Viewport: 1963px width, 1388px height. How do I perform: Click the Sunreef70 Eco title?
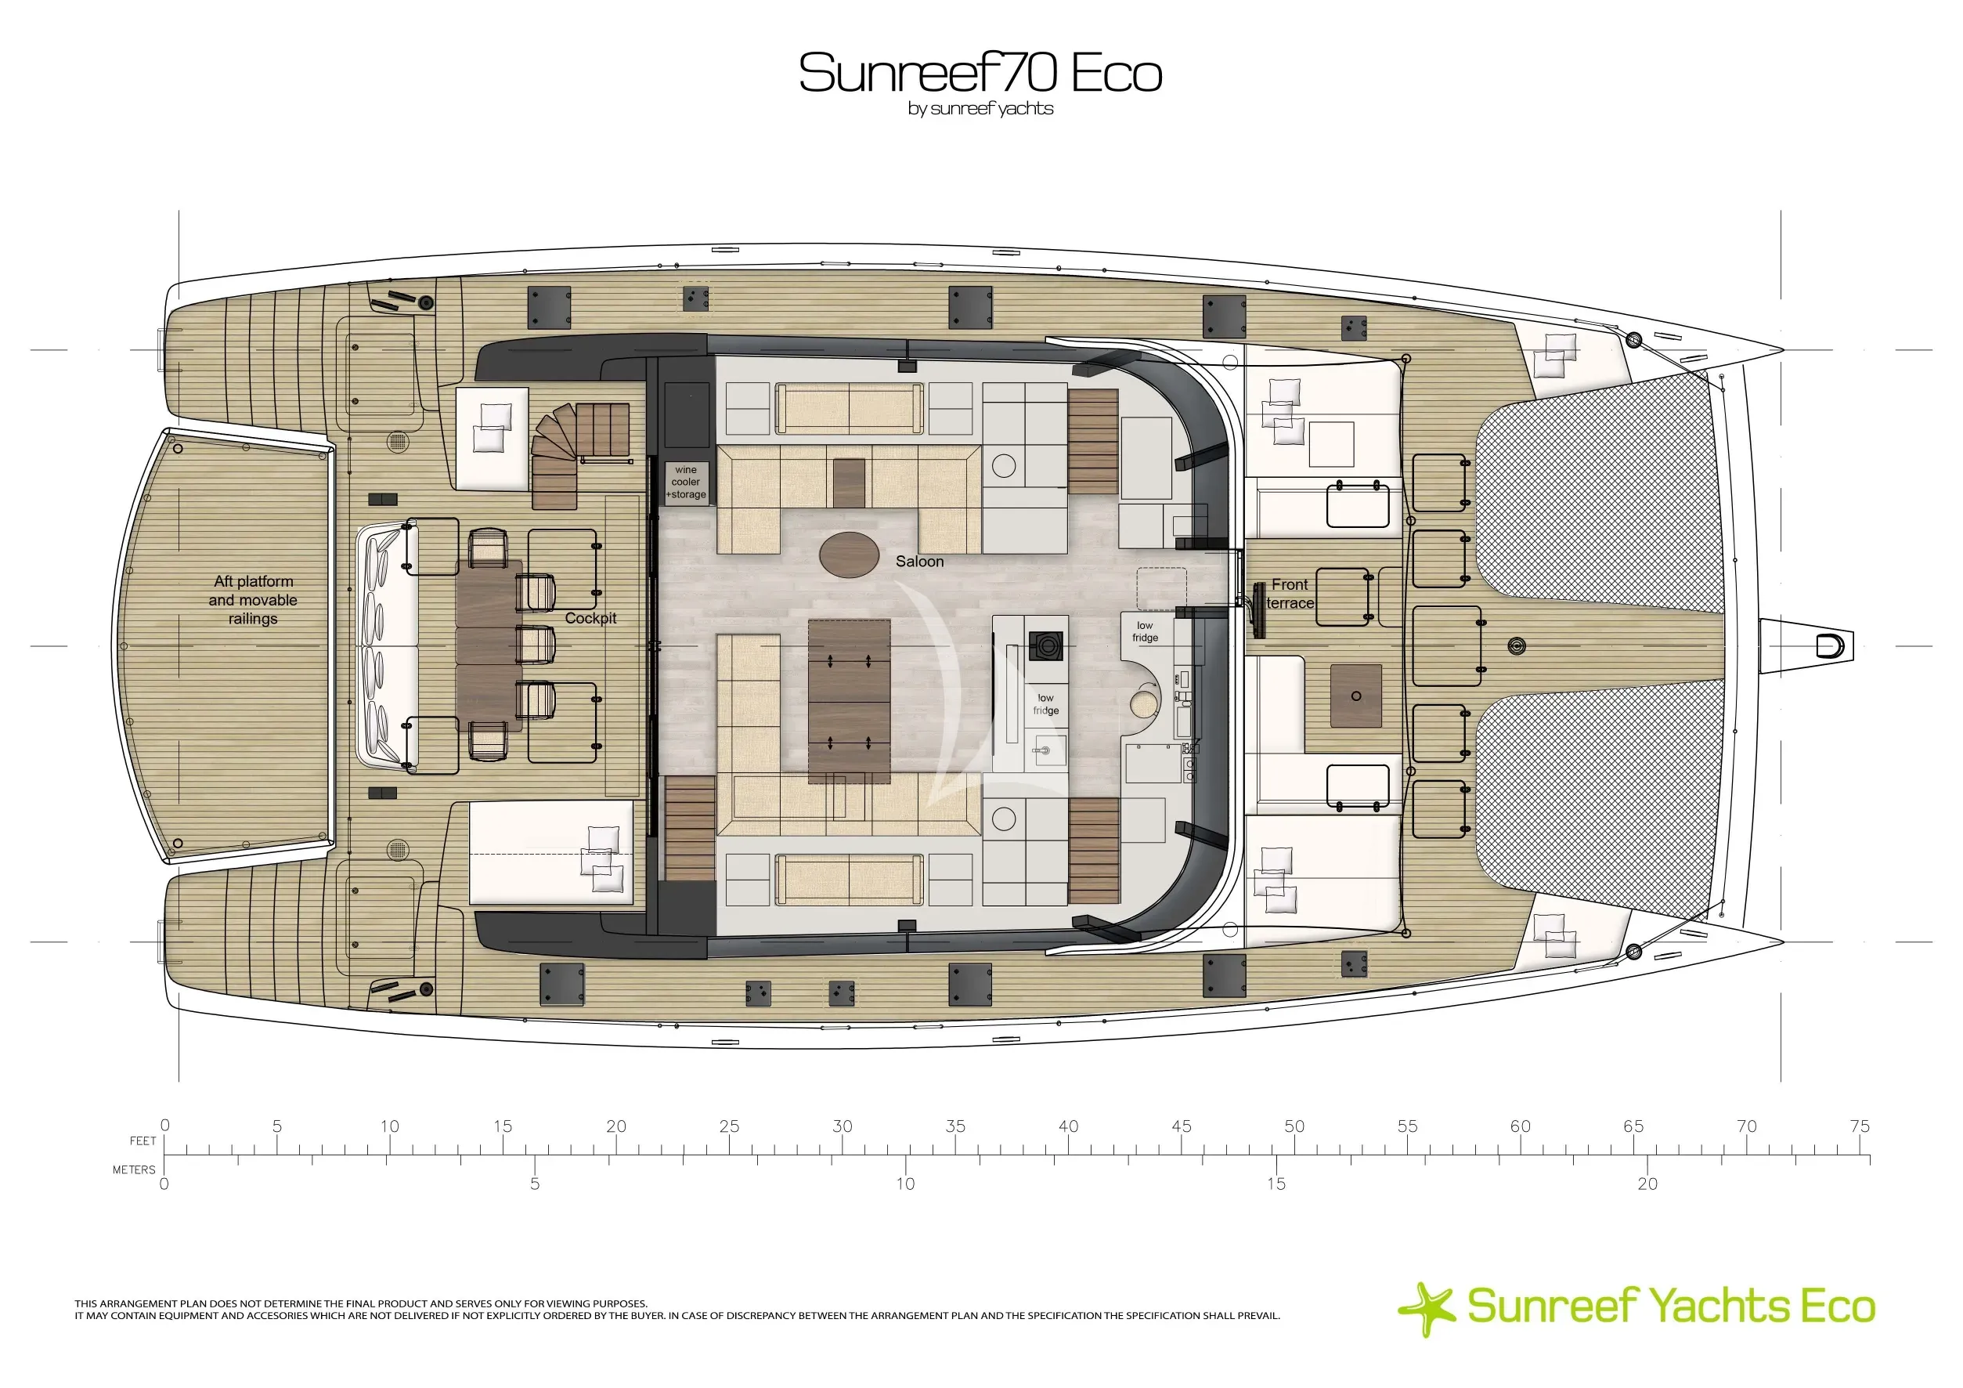pyautogui.click(x=980, y=73)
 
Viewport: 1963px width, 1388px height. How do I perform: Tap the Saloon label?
pyautogui.click(x=920, y=562)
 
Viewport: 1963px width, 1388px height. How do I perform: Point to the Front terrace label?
pyautogui.click(x=1290, y=594)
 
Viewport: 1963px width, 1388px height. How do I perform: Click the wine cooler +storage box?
pyautogui.click(x=687, y=483)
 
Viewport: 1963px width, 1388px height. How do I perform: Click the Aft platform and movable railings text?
pyautogui.click(x=253, y=599)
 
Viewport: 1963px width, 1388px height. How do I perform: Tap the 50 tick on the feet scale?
pyautogui.click(x=1294, y=1155)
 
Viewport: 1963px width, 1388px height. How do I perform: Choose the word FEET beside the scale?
pyautogui.click(x=143, y=1140)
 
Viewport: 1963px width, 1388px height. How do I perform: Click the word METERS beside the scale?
pyautogui.click(x=134, y=1170)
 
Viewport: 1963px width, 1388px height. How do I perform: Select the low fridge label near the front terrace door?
pyautogui.click(x=1146, y=631)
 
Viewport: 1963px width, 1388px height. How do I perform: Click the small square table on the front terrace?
pyautogui.click(x=1356, y=696)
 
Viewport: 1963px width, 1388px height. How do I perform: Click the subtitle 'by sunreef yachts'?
pyautogui.click(x=980, y=110)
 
